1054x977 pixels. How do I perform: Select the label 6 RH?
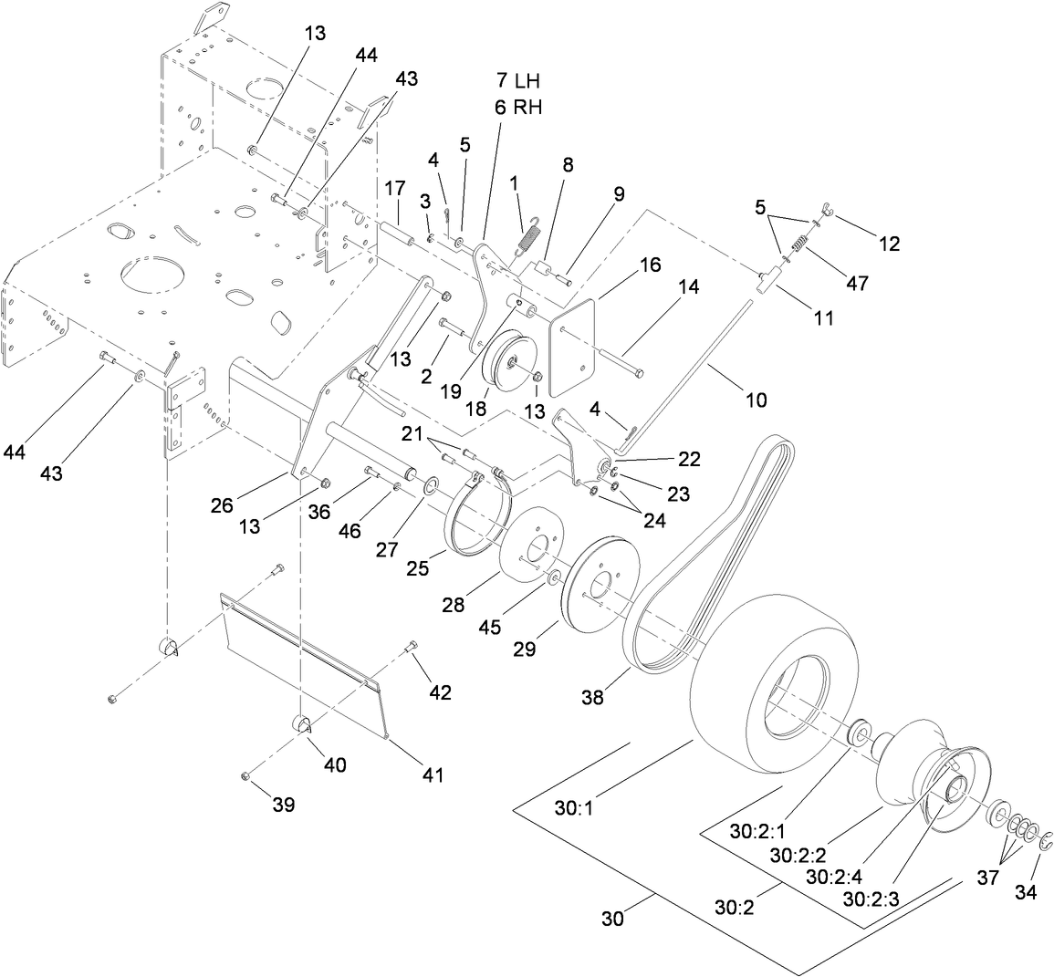point(519,107)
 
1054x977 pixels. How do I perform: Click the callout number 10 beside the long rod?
point(756,400)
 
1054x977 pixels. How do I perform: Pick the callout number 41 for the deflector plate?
point(432,775)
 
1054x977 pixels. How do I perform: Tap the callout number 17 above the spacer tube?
point(394,190)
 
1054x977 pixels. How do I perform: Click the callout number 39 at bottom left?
point(284,805)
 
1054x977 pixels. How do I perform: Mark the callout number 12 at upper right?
point(889,244)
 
